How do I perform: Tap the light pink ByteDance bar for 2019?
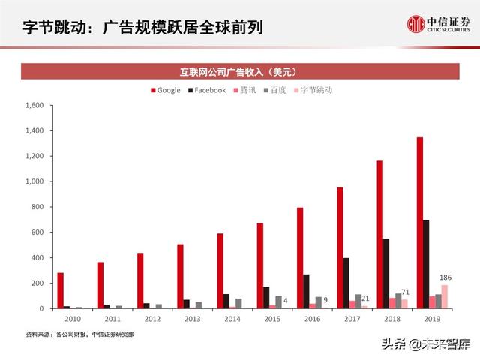pos(444,296)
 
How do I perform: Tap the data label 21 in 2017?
pos(365,298)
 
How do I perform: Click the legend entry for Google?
pos(165,90)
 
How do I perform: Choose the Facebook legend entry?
pos(205,90)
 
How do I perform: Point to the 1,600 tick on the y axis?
pos(34,106)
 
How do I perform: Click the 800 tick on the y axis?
pos(37,207)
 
